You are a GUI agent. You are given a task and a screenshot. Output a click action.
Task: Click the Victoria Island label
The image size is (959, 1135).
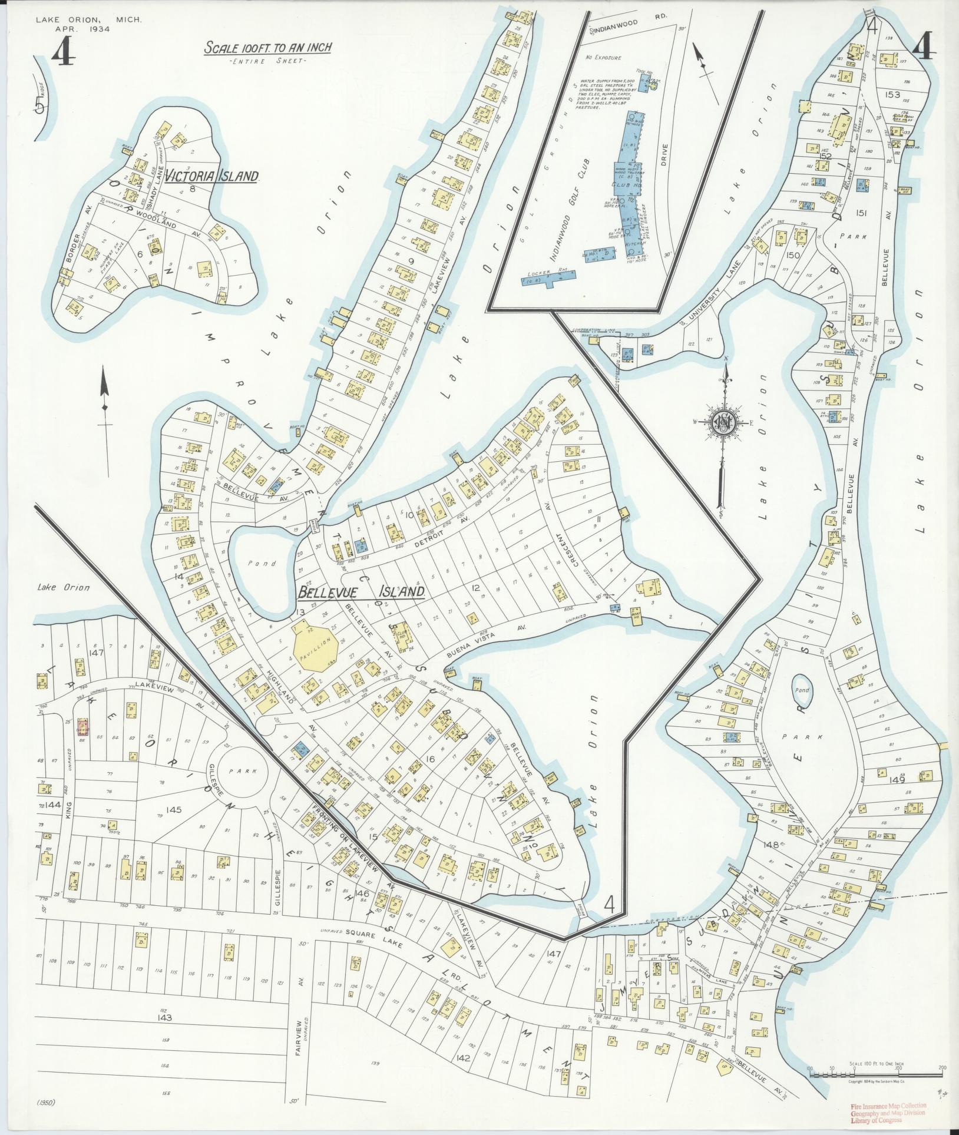(212, 176)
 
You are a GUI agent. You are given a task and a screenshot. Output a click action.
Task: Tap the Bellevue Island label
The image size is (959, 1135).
(361, 591)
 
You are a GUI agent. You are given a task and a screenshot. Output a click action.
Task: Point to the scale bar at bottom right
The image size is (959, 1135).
(876, 1074)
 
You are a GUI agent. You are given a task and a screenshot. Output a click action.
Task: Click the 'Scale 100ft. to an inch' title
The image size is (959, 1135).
(267, 48)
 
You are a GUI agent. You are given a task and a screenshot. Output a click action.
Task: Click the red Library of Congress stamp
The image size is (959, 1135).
(888, 1111)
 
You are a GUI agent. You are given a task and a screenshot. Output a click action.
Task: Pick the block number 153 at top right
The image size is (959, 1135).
(892, 94)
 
